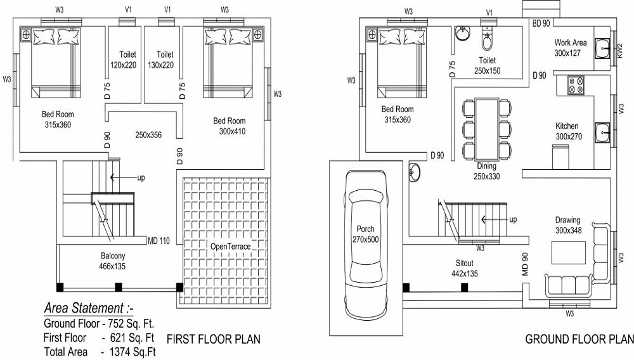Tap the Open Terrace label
(x=233, y=245)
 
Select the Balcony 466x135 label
(x=112, y=261)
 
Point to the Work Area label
(x=571, y=48)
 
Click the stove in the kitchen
(x=576, y=85)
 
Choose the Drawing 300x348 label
(x=568, y=225)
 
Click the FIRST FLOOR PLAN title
(x=213, y=340)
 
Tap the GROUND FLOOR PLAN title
(x=579, y=340)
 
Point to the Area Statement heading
(x=89, y=309)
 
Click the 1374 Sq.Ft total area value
(x=133, y=350)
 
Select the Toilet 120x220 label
(x=123, y=60)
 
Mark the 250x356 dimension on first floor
(x=148, y=134)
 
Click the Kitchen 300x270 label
(x=568, y=131)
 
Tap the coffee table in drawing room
(x=568, y=253)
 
